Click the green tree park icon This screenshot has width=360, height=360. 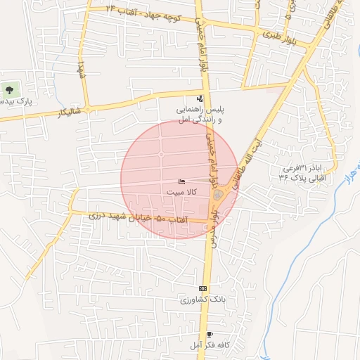(x=10, y=90)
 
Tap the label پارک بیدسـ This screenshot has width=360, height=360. (x=15, y=102)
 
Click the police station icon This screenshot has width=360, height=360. (x=200, y=99)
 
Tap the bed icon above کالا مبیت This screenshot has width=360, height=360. (x=182, y=181)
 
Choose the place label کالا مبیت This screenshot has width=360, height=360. (x=186, y=191)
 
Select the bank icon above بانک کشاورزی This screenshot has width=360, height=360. (x=203, y=288)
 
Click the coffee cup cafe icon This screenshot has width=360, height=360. (x=209, y=334)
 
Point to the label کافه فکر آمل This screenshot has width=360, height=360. (x=209, y=345)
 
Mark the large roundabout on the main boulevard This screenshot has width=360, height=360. (x=218, y=195)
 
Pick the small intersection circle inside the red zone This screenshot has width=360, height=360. (x=161, y=154)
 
